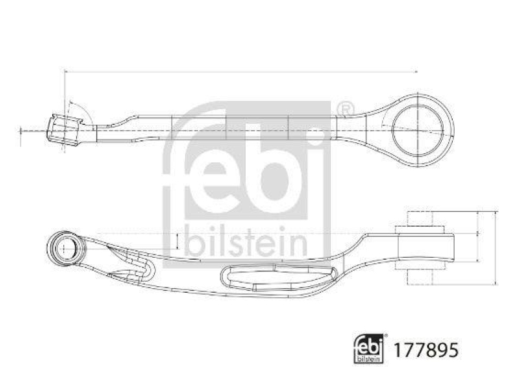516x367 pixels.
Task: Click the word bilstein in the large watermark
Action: [246, 241]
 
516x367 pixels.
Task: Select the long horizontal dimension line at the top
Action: [242, 70]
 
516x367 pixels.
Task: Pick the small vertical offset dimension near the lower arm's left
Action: [176, 241]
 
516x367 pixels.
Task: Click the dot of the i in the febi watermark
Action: [315, 133]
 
